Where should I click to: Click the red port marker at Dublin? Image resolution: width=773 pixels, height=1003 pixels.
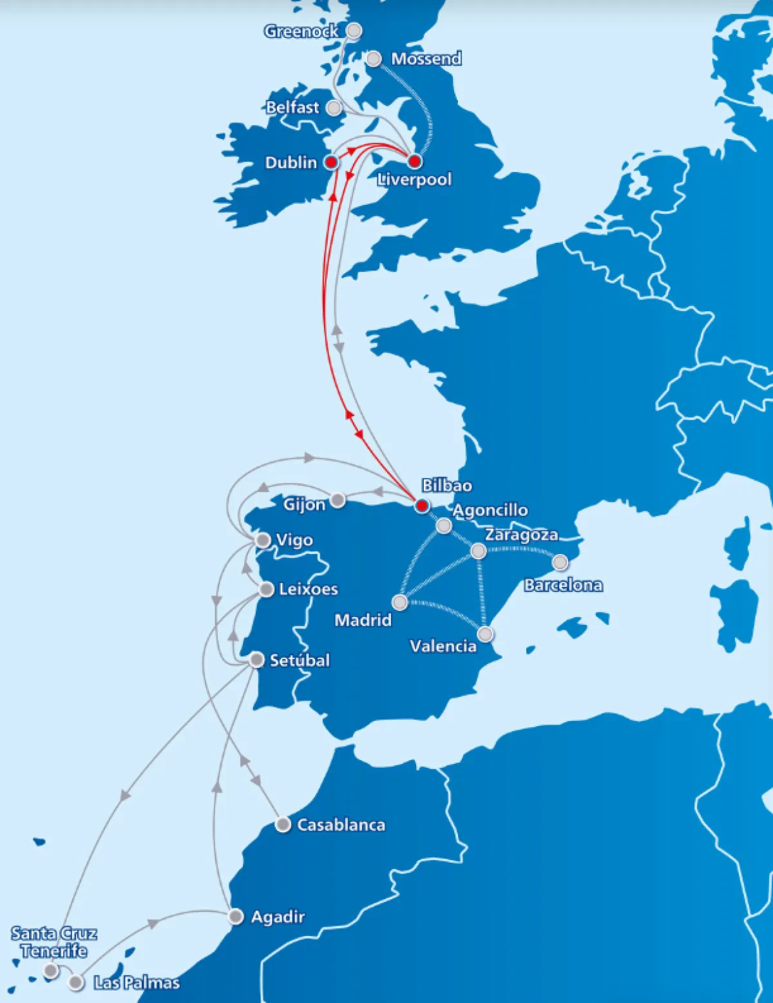click(x=331, y=162)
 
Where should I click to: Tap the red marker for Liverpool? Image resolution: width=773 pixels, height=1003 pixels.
click(x=415, y=161)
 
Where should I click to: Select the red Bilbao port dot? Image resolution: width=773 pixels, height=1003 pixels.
click(x=422, y=506)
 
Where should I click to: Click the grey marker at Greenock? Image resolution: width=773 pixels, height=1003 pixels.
click(x=354, y=30)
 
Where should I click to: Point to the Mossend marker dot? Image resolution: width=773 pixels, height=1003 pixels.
click(x=374, y=59)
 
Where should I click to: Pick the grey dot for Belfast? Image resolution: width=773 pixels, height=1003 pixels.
click(x=334, y=108)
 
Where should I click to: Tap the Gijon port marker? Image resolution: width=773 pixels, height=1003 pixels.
click(x=337, y=500)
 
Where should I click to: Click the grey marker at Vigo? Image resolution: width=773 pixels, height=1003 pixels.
click(x=263, y=540)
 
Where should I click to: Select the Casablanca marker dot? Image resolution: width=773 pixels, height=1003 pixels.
click(x=283, y=825)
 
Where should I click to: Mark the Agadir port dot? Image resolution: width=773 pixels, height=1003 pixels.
click(x=236, y=916)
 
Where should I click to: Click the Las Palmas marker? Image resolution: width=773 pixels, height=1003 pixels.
click(x=76, y=982)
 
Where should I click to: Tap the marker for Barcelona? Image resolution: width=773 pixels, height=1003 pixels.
click(x=560, y=562)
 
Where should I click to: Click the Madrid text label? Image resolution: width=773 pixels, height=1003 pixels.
click(x=363, y=620)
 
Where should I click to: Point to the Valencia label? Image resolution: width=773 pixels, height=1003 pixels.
click(x=443, y=646)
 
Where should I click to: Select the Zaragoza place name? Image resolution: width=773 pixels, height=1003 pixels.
click(x=521, y=535)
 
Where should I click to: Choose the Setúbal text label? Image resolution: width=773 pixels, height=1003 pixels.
click(x=300, y=660)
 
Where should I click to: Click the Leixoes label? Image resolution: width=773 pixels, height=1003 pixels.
click(x=308, y=589)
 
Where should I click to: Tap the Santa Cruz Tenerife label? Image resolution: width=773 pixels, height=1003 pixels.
click(x=54, y=942)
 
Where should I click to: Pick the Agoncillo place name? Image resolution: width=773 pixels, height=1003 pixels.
click(x=490, y=510)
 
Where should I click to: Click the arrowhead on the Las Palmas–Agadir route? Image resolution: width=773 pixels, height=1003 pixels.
click(x=153, y=923)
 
